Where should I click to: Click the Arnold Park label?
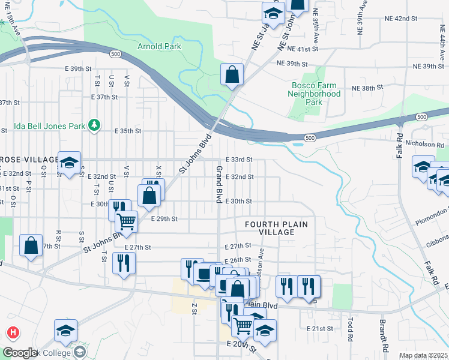point(159,46)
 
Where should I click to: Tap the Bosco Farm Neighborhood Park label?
point(314,94)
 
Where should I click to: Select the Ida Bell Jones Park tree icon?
point(94,125)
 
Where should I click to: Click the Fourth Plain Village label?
point(277,228)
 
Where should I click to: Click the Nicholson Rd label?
point(428,145)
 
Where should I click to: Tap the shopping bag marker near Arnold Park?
point(232,74)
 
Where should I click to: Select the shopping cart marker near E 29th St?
point(127,221)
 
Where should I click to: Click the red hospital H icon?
point(12,332)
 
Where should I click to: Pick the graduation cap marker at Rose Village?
point(69,162)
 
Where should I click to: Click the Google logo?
point(19,353)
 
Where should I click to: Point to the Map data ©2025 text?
point(423,355)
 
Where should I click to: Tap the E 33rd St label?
point(238,160)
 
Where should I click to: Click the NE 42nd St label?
point(402,19)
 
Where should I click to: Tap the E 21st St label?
point(319,329)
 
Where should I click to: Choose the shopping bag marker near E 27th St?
point(31,245)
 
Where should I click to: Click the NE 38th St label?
point(367,88)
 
